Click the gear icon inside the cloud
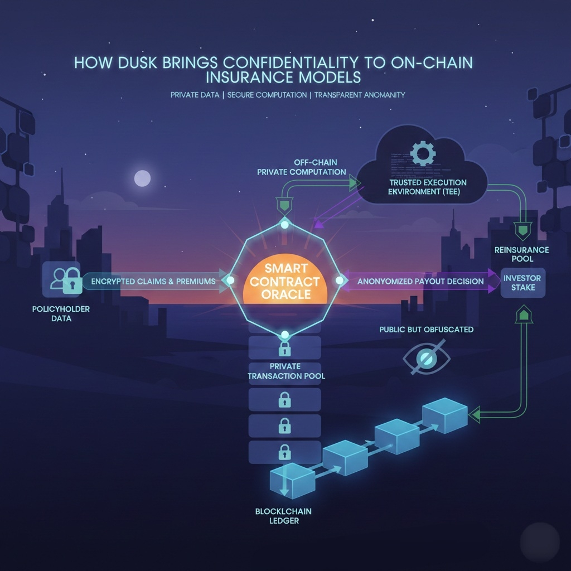pyautogui.click(x=422, y=152)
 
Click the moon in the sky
pyautogui.click(x=142, y=178)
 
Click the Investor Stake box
pyautogui.click(x=522, y=282)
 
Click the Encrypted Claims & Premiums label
pyautogui.click(x=153, y=281)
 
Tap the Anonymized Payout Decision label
pyautogui.click(x=420, y=281)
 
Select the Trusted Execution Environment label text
pyautogui.click(x=428, y=187)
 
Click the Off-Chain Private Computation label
pyautogui.click(x=302, y=167)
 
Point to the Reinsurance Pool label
pyautogui.click(x=521, y=254)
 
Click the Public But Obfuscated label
pyautogui.click(x=426, y=330)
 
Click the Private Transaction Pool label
pyautogui.click(x=285, y=371)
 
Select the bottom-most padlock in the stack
pyautogui.click(x=284, y=451)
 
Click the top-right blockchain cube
pyautogui.click(x=444, y=414)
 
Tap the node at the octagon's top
pyautogui.click(x=285, y=225)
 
